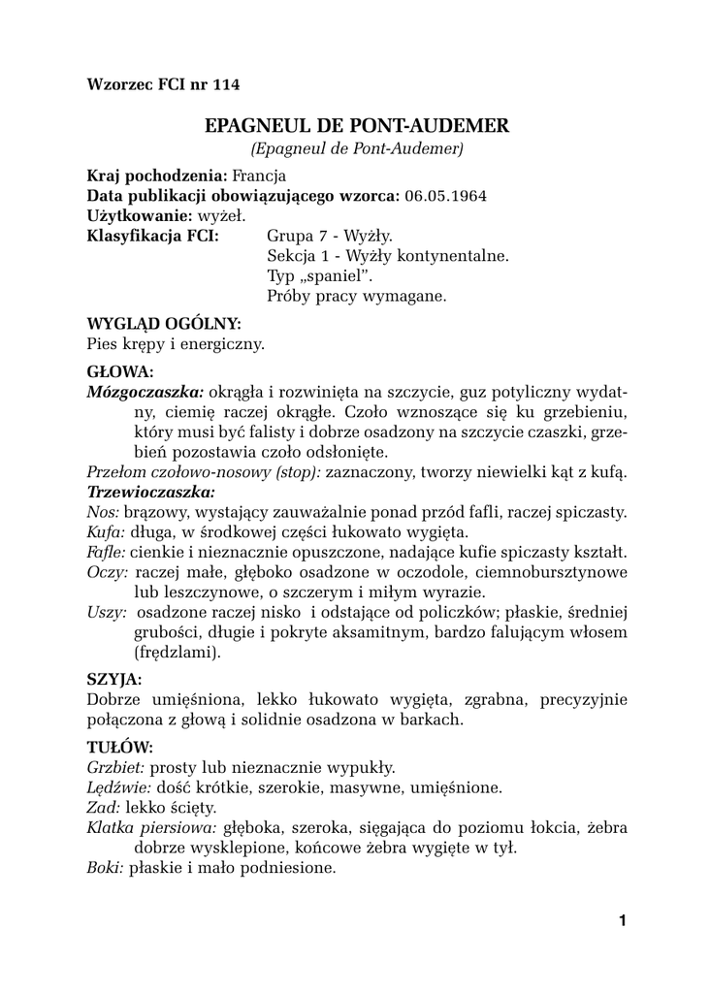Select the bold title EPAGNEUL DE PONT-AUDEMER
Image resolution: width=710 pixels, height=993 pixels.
[x=357, y=126]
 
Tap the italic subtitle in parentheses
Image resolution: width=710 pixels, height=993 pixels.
[x=357, y=149]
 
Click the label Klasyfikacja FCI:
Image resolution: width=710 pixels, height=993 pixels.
[x=152, y=236]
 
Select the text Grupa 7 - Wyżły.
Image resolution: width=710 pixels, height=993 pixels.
[x=329, y=236]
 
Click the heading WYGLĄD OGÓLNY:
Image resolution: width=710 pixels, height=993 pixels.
[x=164, y=323]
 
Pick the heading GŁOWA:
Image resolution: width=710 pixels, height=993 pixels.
[x=119, y=370]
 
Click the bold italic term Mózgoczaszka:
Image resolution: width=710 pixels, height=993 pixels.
[x=145, y=392]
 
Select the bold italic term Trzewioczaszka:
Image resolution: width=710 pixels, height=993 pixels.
[x=150, y=492]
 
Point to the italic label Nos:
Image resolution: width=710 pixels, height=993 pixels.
[x=103, y=512]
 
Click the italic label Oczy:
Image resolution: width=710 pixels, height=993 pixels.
[x=107, y=572]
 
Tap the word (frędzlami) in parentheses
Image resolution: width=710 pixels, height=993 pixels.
[x=177, y=653]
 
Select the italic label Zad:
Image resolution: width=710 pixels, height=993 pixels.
[x=103, y=807]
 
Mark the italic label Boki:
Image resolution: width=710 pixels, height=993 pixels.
[x=106, y=868]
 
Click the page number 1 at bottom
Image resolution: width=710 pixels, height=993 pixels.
[x=622, y=920]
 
